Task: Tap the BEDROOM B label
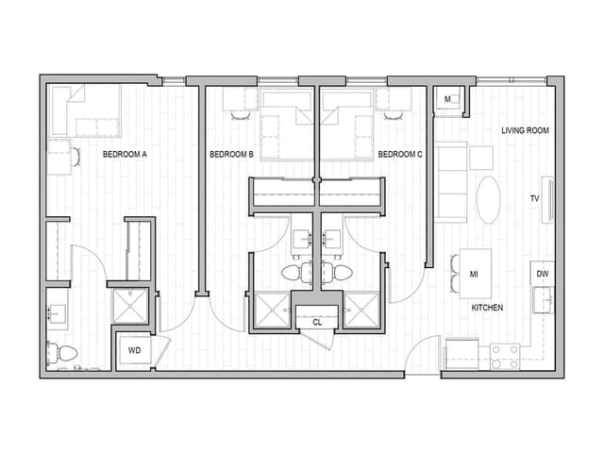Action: pyautogui.click(x=231, y=155)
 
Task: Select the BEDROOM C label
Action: pyautogui.click(x=400, y=155)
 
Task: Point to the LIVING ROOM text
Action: pyautogui.click(x=525, y=131)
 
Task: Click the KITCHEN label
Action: pyautogui.click(x=487, y=308)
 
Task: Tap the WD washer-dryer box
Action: pyautogui.click(x=135, y=350)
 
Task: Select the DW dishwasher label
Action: pyautogui.click(x=542, y=275)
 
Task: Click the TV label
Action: pyautogui.click(x=534, y=199)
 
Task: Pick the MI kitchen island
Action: pyautogui.click(x=475, y=275)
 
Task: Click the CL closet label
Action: pyautogui.click(x=316, y=322)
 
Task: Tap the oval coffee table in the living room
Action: pyautogui.click(x=488, y=200)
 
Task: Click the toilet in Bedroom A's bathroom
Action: pyautogui.click(x=63, y=352)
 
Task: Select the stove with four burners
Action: pyautogui.click(x=505, y=357)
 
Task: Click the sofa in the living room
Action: pyautogui.click(x=451, y=182)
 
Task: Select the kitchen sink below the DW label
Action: pyautogui.click(x=543, y=300)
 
